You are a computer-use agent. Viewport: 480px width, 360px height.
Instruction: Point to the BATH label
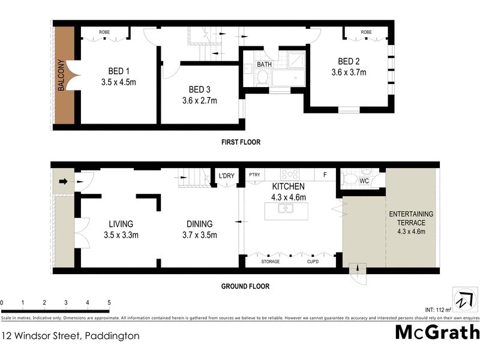(x=265, y=64)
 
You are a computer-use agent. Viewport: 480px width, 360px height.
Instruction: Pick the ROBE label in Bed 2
(x=366, y=32)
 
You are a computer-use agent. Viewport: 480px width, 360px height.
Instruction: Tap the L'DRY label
(x=226, y=175)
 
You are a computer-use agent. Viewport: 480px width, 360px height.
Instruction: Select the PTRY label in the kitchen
(x=255, y=175)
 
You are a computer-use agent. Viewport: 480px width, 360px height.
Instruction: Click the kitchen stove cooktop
(x=290, y=175)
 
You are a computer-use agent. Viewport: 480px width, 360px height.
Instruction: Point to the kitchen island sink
(x=286, y=209)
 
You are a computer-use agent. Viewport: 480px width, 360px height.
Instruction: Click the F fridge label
(x=325, y=175)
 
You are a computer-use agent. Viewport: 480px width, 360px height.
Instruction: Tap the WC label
(x=364, y=181)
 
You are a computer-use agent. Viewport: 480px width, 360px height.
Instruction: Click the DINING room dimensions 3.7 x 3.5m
(x=200, y=235)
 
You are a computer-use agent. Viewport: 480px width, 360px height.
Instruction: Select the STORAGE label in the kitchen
(x=270, y=262)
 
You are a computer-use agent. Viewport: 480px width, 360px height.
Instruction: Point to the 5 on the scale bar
(x=109, y=302)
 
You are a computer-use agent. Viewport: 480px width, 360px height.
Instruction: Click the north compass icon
(x=463, y=300)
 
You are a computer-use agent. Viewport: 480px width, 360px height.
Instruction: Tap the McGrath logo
(x=437, y=332)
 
